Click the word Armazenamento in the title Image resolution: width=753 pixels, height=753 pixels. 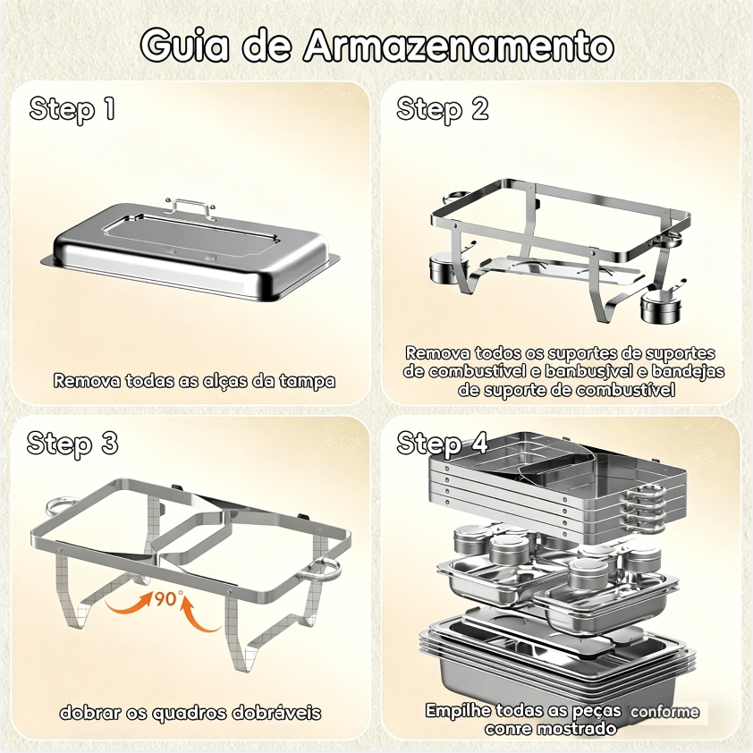click(x=459, y=46)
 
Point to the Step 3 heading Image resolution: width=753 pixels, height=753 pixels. click(x=72, y=444)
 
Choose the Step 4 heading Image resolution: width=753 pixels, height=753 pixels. click(x=443, y=444)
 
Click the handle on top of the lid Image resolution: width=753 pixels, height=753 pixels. click(x=190, y=206)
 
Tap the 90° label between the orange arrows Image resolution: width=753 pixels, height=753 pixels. click(x=168, y=598)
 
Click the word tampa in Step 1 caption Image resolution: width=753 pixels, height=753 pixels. click(x=308, y=381)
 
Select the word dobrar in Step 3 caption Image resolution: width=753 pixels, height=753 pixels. click(x=89, y=712)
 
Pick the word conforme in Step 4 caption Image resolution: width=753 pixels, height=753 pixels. click(x=664, y=712)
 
